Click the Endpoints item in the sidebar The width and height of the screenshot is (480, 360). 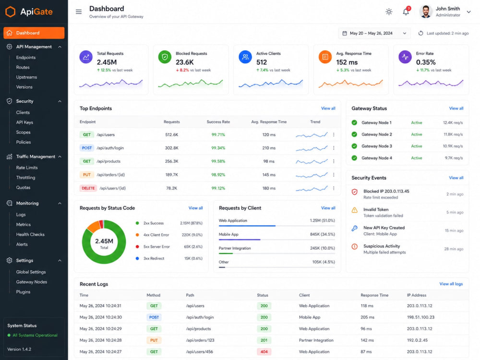(x=26, y=58)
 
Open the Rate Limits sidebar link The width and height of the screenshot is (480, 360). (x=27, y=168)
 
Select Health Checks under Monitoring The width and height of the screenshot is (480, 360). (x=30, y=235)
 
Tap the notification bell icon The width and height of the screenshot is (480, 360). (x=406, y=12)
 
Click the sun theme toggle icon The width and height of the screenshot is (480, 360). (x=389, y=12)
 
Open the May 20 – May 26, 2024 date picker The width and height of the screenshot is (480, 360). (x=374, y=33)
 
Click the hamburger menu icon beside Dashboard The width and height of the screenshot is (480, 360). (x=79, y=12)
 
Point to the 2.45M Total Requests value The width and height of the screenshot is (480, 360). (x=107, y=62)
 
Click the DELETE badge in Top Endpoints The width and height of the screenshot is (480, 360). (x=88, y=188)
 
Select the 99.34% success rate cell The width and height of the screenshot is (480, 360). (x=218, y=148)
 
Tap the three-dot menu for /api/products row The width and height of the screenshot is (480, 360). (x=334, y=161)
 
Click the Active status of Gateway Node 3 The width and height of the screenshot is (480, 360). (x=416, y=146)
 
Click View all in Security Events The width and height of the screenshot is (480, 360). (x=456, y=178)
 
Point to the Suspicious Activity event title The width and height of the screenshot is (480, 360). (x=382, y=246)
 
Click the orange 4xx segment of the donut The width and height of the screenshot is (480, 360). (x=94, y=227)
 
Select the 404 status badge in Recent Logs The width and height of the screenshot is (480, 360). (x=264, y=352)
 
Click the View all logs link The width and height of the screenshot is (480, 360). (x=451, y=284)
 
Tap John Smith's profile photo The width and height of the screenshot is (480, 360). (x=425, y=12)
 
